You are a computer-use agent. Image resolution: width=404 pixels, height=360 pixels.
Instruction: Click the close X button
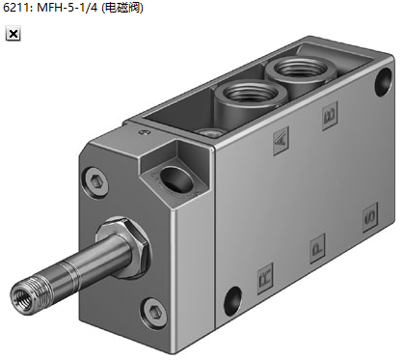pyautogui.click(x=13, y=34)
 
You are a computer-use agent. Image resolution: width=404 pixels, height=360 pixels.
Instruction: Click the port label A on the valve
pyautogui.click(x=281, y=141)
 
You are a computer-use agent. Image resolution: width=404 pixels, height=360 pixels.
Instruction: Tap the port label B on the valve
pyautogui.click(x=330, y=116)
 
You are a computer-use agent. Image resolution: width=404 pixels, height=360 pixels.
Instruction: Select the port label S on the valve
pyautogui.click(x=370, y=217)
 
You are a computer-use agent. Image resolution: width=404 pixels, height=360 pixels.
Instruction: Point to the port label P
pyautogui.click(x=317, y=249)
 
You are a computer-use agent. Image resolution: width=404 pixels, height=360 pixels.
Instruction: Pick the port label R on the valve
pyautogui.click(x=265, y=278)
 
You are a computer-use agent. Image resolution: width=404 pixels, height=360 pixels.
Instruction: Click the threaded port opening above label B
pyautogui.click(x=302, y=68)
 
